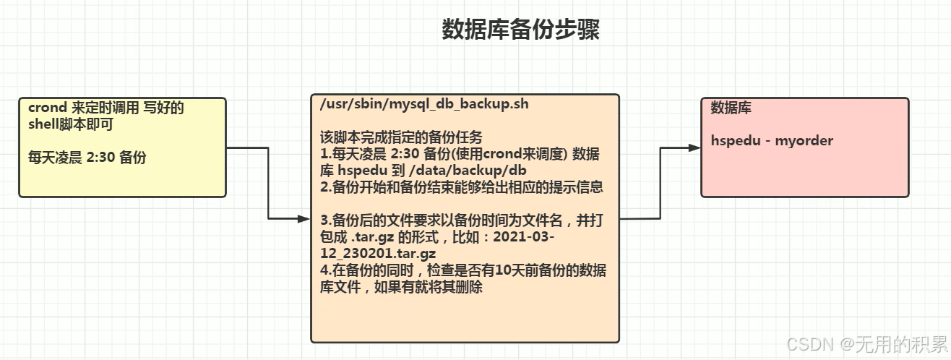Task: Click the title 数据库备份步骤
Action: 520,30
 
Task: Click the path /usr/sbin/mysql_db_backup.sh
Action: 424,104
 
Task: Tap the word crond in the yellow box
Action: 48,108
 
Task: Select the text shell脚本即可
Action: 71,124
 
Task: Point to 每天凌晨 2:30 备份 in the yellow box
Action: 87,157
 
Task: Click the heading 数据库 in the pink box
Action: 731,108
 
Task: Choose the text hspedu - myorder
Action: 772,141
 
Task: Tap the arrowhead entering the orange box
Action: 304,218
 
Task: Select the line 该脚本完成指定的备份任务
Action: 401,137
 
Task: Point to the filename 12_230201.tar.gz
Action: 378,254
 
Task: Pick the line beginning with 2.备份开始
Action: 461,187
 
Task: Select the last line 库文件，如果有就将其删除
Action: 401,287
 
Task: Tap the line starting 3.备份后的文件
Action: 461,220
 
